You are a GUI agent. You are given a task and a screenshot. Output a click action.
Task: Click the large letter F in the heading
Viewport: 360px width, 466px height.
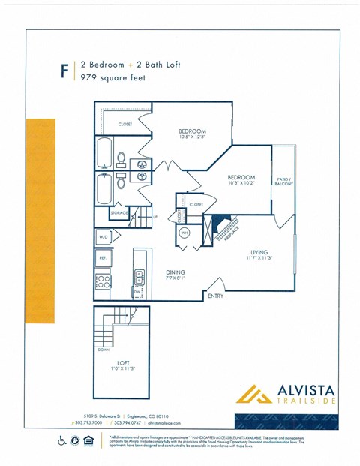(64, 71)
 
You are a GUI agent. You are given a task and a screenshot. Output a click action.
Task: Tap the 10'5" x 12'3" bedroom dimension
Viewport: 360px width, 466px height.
(192, 137)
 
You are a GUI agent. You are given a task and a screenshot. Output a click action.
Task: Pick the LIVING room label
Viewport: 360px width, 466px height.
(259, 253)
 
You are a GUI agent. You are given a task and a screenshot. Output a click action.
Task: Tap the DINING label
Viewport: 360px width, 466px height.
(175, 272)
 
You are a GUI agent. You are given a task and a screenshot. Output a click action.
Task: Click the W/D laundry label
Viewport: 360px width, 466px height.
(103, 237)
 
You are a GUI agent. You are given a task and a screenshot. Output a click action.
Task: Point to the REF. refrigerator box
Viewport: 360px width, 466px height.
(103, 257)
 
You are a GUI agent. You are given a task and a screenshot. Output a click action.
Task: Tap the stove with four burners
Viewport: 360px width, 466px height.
(103, 282)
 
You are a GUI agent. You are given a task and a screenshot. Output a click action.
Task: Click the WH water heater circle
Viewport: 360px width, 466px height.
(184, 233)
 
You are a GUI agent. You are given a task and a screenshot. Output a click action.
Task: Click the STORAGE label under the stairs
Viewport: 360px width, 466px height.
(119, 214)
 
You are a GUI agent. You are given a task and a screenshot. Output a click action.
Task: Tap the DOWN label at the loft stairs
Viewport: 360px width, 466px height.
(103, 349)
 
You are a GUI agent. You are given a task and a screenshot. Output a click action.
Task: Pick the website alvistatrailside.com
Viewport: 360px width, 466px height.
(160, 423)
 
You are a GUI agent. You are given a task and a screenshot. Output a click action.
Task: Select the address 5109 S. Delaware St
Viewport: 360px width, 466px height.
(103, 415)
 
